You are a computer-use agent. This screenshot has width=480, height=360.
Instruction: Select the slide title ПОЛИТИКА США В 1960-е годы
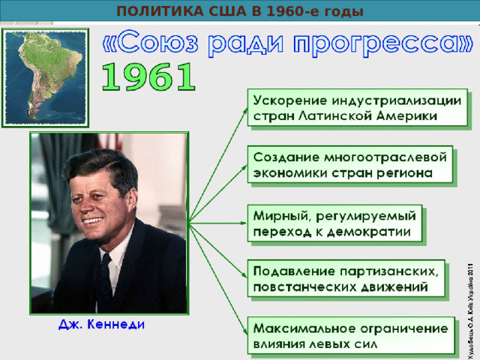pos(240,11)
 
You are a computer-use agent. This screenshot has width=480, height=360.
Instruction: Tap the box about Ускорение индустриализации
pos(355,108)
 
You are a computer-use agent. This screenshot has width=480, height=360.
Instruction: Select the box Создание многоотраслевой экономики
pos(349,164)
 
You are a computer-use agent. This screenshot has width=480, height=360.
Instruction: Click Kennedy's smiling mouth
pos(94,220)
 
